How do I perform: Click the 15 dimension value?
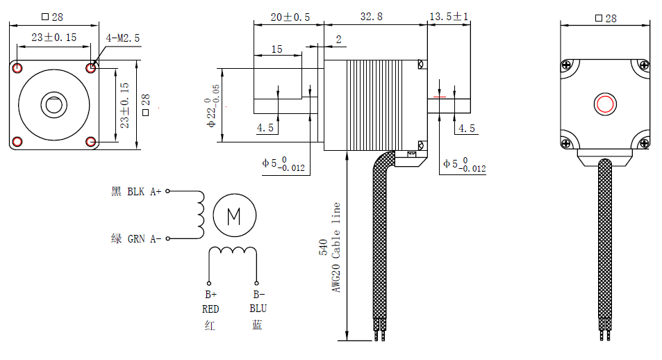pyautogui.click(x=276, y=49)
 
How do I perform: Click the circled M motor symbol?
pyautogui.click(x=234, y=217)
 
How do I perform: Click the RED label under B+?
pyautogui.click(x=210, y=309)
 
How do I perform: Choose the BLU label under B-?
pyautogui.click(x=258, y=309)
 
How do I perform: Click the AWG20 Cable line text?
pyautogui.click(x=337, y=247)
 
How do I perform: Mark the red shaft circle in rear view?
pyautogui.click(x=604, y=104)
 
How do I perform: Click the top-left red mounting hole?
pyautogui.click(x=17, y=67)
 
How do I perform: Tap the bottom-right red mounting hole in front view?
pyautogui.click(x=91, y=142)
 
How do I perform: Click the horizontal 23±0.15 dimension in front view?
pyautogui.click(x=54, y=38)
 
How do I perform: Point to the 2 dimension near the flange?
pyautogui.click(x=338, y=40)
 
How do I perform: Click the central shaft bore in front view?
pyautogui.click(x=53, y=105)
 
